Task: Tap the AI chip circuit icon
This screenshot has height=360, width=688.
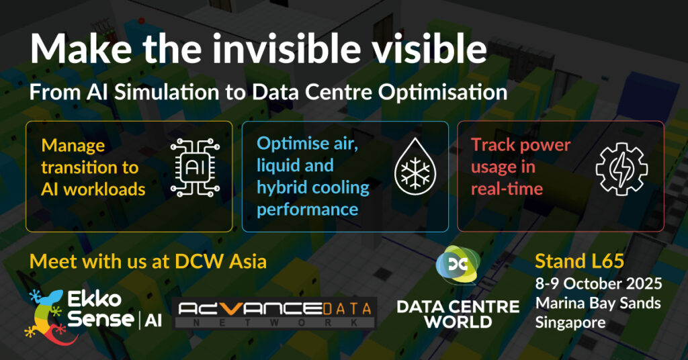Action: [x=195, y=167]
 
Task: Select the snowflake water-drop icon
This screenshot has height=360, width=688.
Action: [x=415, y=166]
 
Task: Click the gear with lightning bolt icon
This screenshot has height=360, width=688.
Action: [x=621, y=169]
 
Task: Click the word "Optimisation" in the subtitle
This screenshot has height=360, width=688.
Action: [x=443, y=93]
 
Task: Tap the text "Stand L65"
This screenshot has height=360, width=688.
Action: [x=579, y=261]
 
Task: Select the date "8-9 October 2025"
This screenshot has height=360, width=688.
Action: [x=599, y=283]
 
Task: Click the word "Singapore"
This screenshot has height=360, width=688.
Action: [x=570, y=323]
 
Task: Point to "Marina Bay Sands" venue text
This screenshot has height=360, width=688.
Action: [x=598, y=304]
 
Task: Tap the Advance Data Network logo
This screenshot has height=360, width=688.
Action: [x=275, y=313]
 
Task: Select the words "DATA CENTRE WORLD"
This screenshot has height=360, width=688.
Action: [x=458, y=314]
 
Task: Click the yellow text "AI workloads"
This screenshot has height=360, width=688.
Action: [x=93, y=189]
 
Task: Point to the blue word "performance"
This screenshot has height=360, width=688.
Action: [x=307, y=209]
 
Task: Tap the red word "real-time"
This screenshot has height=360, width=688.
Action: [x=507, y=189]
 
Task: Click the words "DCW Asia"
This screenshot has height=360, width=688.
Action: [x=220, y=262]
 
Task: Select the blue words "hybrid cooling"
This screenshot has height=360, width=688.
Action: [x=313, y=187]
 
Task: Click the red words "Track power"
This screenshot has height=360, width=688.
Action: [x=521, y=145]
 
